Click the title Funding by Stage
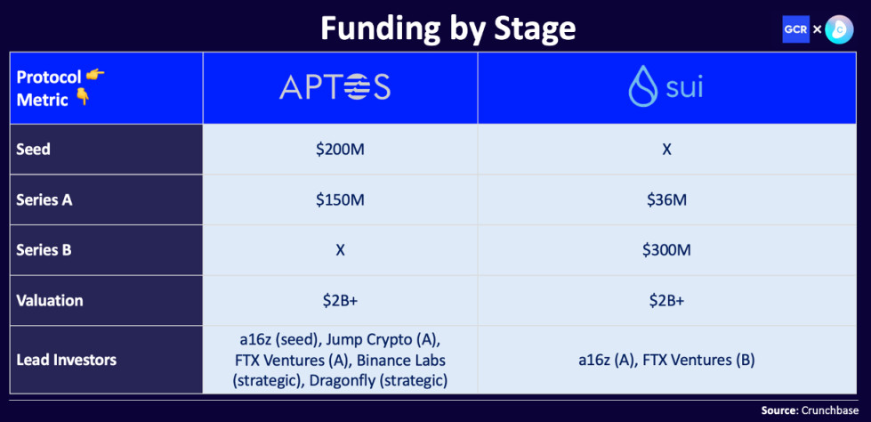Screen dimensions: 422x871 (448, 28)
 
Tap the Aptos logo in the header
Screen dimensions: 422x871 (335, 87)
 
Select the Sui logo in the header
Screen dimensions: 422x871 (665, 87)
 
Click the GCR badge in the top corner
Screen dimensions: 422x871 (795, 29)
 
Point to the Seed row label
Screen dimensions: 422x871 (34, 149)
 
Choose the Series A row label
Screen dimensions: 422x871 (44, 199)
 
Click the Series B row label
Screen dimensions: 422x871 (44, 250)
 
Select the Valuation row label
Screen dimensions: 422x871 (49, 301)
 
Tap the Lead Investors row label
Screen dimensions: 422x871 (66, 360)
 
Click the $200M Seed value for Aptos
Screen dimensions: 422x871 (340, 149)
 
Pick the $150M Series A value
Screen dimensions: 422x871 (340, 199)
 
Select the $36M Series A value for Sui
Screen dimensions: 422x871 (666, 199)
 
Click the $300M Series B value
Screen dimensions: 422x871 (666, 250)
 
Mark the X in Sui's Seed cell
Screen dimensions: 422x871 (666, 149)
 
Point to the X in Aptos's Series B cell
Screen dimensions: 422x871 (340, 250)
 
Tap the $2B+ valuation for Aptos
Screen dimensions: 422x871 (340, 301)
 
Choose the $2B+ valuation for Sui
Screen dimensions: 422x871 (666, 301)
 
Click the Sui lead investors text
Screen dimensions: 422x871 (666, 360)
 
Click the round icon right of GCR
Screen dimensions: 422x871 (839, 29)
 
